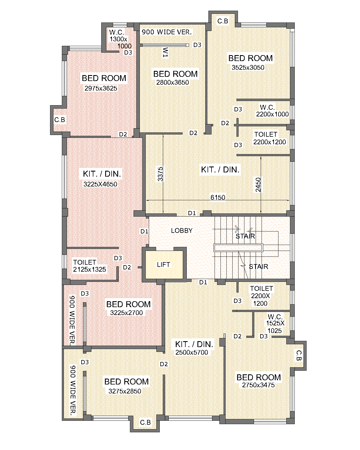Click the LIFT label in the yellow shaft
click(x=163, y=265)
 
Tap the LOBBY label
click(x=182, y=230)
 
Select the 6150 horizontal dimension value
click(x=218, y=197)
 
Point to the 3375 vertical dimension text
click(x=160, y=174)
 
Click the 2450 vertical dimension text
click(x=258, y=185)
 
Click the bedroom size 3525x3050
click(x=248, y=67)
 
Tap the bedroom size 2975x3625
click(x=101, y=88)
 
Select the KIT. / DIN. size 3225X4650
click(x=100, y=184)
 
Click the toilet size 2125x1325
click(x=89, y=269)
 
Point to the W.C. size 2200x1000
click(x=272, y=114)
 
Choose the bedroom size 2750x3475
click(x=258, y=385)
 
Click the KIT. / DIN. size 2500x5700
click(x=192, y=352)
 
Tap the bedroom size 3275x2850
click(x=125, y=391)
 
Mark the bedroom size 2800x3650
click(x=173, y=82)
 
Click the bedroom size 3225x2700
click(x=126, y=313)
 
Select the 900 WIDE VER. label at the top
click(x=167, y=32)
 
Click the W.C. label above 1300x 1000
click(x=117, y=32)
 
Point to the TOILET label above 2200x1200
click(x=266, y=134)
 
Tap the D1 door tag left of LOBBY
click(x=144, y=231)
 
